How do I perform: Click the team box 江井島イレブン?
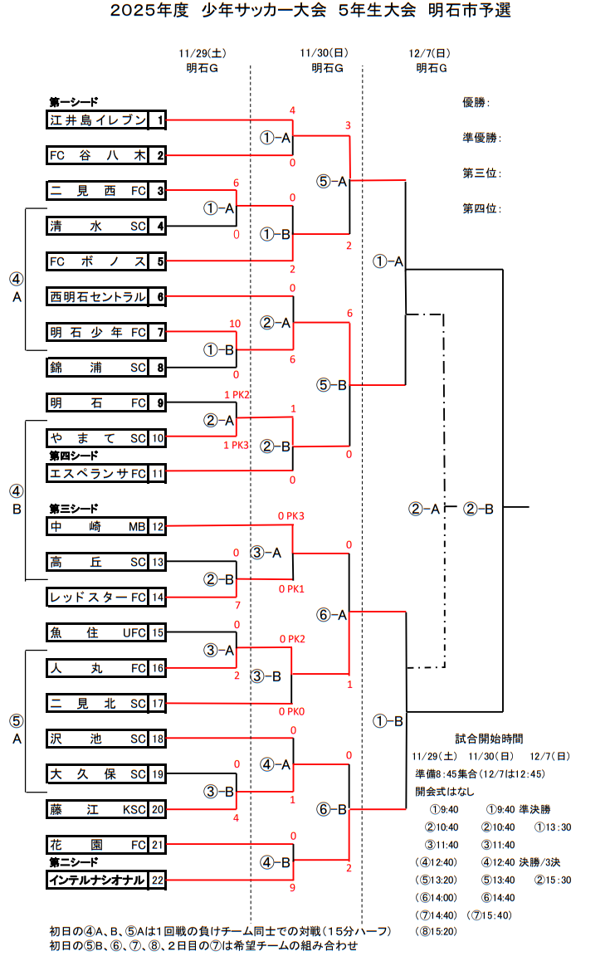(98, 120)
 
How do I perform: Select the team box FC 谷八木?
(98, 155)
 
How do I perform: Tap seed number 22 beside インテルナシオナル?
(158, 880)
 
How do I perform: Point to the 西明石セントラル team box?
(98, 296)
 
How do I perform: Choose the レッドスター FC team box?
(98, 598)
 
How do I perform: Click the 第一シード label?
(74, 102)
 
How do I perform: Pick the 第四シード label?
(74, 455)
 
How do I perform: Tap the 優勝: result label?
(476, 103)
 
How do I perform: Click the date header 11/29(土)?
(202, 53)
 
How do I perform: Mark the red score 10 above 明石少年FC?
(235, 323)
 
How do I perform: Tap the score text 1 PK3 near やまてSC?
(236, 446)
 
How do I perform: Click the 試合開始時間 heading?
(490, 738)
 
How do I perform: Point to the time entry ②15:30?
(553, 880)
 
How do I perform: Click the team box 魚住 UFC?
(98, 633)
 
